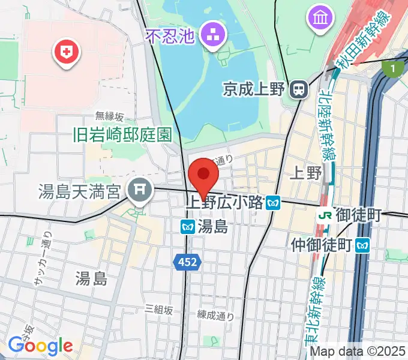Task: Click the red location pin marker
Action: [203, 175]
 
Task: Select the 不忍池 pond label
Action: [172, 37]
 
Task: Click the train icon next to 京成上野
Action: [298, 90]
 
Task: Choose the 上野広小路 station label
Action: [225, 203]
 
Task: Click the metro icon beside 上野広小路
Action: [274, 203]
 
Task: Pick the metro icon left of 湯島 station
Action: [187, 227]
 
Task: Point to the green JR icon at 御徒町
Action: [326, 214]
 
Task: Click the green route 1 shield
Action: [393, 70]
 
